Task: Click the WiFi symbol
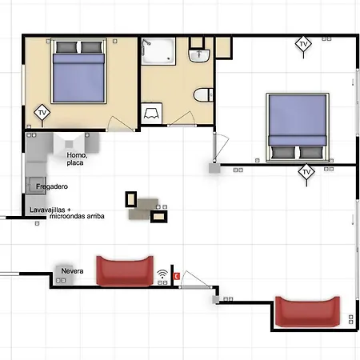162,274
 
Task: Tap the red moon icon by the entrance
176,276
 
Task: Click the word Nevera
72,271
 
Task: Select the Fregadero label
52,186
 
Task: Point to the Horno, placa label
77,159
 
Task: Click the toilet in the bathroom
203,95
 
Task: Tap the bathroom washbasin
199,55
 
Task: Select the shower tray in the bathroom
158,51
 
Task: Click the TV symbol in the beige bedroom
42,113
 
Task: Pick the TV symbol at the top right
303,44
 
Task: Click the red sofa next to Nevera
125,271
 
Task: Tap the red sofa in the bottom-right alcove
307,311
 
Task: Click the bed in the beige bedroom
78,70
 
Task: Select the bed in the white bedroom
298,127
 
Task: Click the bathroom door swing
182,118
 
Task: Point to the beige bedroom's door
120,124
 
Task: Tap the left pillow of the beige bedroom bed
66,47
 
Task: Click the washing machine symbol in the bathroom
151,114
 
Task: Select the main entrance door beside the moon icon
196,280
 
